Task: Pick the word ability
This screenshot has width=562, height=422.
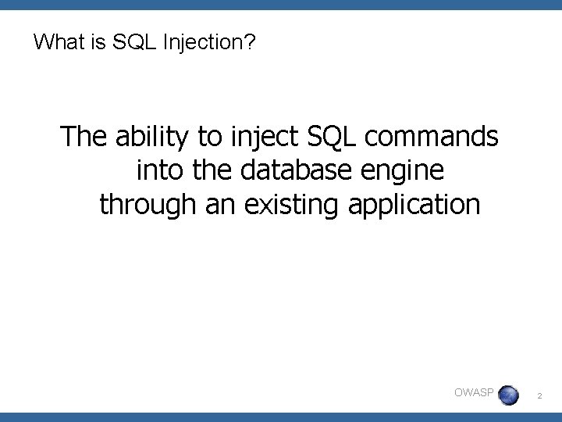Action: point(151,138)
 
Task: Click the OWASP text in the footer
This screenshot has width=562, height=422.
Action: point(473,392)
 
